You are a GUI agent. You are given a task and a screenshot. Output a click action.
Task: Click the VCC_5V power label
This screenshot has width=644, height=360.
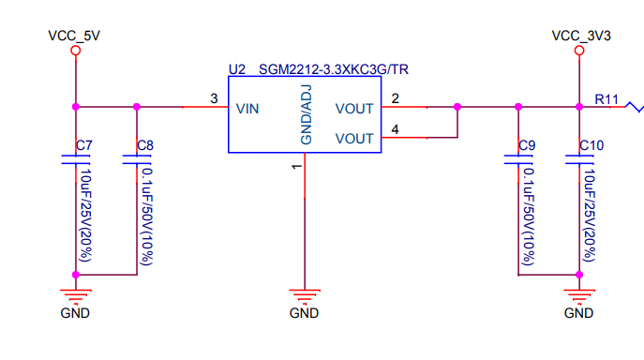[x=74, y=36]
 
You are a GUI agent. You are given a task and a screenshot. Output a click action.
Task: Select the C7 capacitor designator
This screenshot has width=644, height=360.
[x=83, y=146]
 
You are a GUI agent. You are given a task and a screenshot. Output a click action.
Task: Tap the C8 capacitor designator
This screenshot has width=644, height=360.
[x=145, y=146]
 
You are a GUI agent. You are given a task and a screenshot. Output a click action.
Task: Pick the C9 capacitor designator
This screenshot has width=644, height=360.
[x=527, y=146]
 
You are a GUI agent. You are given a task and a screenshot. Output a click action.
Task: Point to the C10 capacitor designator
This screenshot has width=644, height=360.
[x=592, y=146]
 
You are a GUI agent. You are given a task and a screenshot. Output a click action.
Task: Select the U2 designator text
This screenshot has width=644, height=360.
[x=236, y=69]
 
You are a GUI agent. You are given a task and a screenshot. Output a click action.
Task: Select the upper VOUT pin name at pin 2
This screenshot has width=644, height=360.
[x=354, y=108]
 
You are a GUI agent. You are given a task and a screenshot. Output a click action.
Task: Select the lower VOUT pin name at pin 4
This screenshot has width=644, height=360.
[x=354, y=138]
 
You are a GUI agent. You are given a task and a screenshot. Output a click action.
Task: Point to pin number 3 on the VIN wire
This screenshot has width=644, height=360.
[x=214, y=98]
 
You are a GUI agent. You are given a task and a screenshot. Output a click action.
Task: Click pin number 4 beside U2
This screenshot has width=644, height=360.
[x=395, y=129]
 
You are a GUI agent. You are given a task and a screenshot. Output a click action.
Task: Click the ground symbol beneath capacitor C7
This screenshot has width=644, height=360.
[x=75, y=294]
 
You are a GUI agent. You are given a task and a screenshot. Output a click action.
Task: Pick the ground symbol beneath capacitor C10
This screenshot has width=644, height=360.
[x=578, y=294]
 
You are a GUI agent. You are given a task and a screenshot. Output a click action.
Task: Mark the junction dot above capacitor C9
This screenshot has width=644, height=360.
[x=517, y=107]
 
